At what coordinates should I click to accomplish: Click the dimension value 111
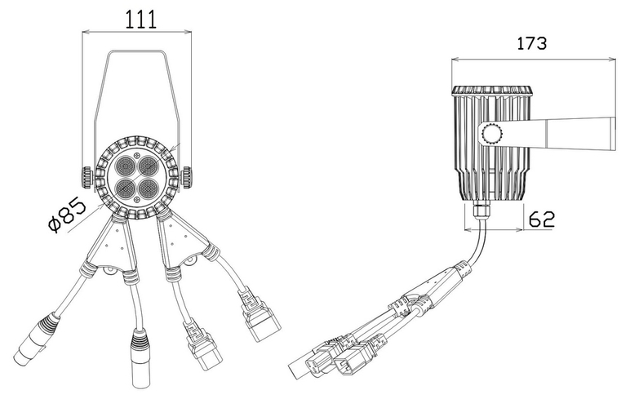point(140,19)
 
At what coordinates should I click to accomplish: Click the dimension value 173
point(531,43)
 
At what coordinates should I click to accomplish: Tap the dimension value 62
point(542,220)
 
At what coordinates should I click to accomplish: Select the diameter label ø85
point(67,215)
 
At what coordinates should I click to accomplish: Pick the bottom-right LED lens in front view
point(148,188)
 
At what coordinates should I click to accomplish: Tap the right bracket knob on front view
point(186,178)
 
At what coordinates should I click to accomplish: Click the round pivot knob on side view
point(492,134)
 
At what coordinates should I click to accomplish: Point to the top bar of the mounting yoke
point(136,51)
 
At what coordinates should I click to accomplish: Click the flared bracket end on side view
point(581,134)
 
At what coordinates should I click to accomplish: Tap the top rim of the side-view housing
point(491,91)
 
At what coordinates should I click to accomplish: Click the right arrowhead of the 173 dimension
point(612,60)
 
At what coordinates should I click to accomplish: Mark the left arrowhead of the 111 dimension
point(87,31)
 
